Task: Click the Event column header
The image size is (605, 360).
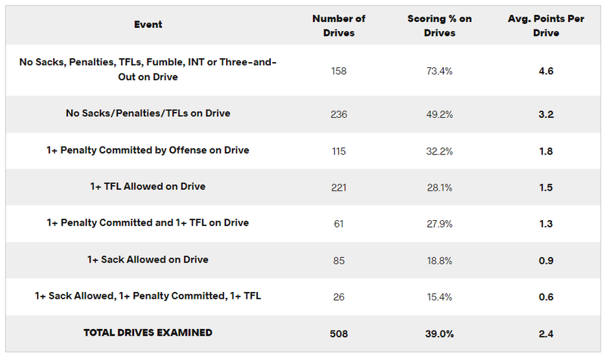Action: (x=147, y=25)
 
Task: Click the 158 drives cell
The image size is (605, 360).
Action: (x=338, y=71)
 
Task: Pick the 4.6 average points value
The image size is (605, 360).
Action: (x=547, y=71)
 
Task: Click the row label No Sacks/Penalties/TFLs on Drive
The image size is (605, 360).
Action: (x=147, y=113)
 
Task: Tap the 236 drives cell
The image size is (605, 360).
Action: (x=338, y=114)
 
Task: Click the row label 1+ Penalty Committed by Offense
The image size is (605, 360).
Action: (x=147, y=151)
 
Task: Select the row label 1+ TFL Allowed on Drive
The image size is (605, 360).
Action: (x=147, y=187)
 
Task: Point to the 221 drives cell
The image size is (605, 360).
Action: (x=338, y=188)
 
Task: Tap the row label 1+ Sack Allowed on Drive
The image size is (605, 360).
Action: (x=147, y=259)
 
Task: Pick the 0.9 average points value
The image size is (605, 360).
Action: (x=547, y=260)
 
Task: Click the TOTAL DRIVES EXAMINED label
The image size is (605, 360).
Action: (x=147, y=333)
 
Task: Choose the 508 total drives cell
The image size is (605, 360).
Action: (x=338, y=333)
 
